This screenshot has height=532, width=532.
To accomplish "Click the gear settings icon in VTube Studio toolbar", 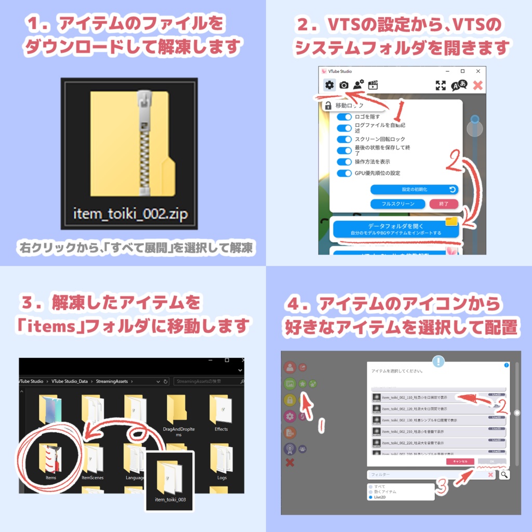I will (329, 85).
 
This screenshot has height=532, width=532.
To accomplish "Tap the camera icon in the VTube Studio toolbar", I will (344, 85).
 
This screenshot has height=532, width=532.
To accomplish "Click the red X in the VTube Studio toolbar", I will (477, 86).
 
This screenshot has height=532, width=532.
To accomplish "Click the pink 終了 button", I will (444, 204).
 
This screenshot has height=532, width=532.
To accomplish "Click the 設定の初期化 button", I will (414, 190).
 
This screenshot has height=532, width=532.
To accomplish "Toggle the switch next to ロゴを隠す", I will (344, 117).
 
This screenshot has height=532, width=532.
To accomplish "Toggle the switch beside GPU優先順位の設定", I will (344, 173).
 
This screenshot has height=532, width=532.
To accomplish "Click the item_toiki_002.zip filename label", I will (129, 214).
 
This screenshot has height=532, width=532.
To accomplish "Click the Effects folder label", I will (221, 430).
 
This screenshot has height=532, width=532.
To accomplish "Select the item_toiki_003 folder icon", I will (169, 475).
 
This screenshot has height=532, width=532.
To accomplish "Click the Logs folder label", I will (222, 477).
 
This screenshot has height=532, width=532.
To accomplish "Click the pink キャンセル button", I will (460, 461).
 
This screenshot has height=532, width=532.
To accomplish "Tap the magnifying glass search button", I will (504, 474).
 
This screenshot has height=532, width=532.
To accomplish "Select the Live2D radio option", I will (370, 497).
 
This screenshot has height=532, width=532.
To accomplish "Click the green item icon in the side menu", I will (290, 384).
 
